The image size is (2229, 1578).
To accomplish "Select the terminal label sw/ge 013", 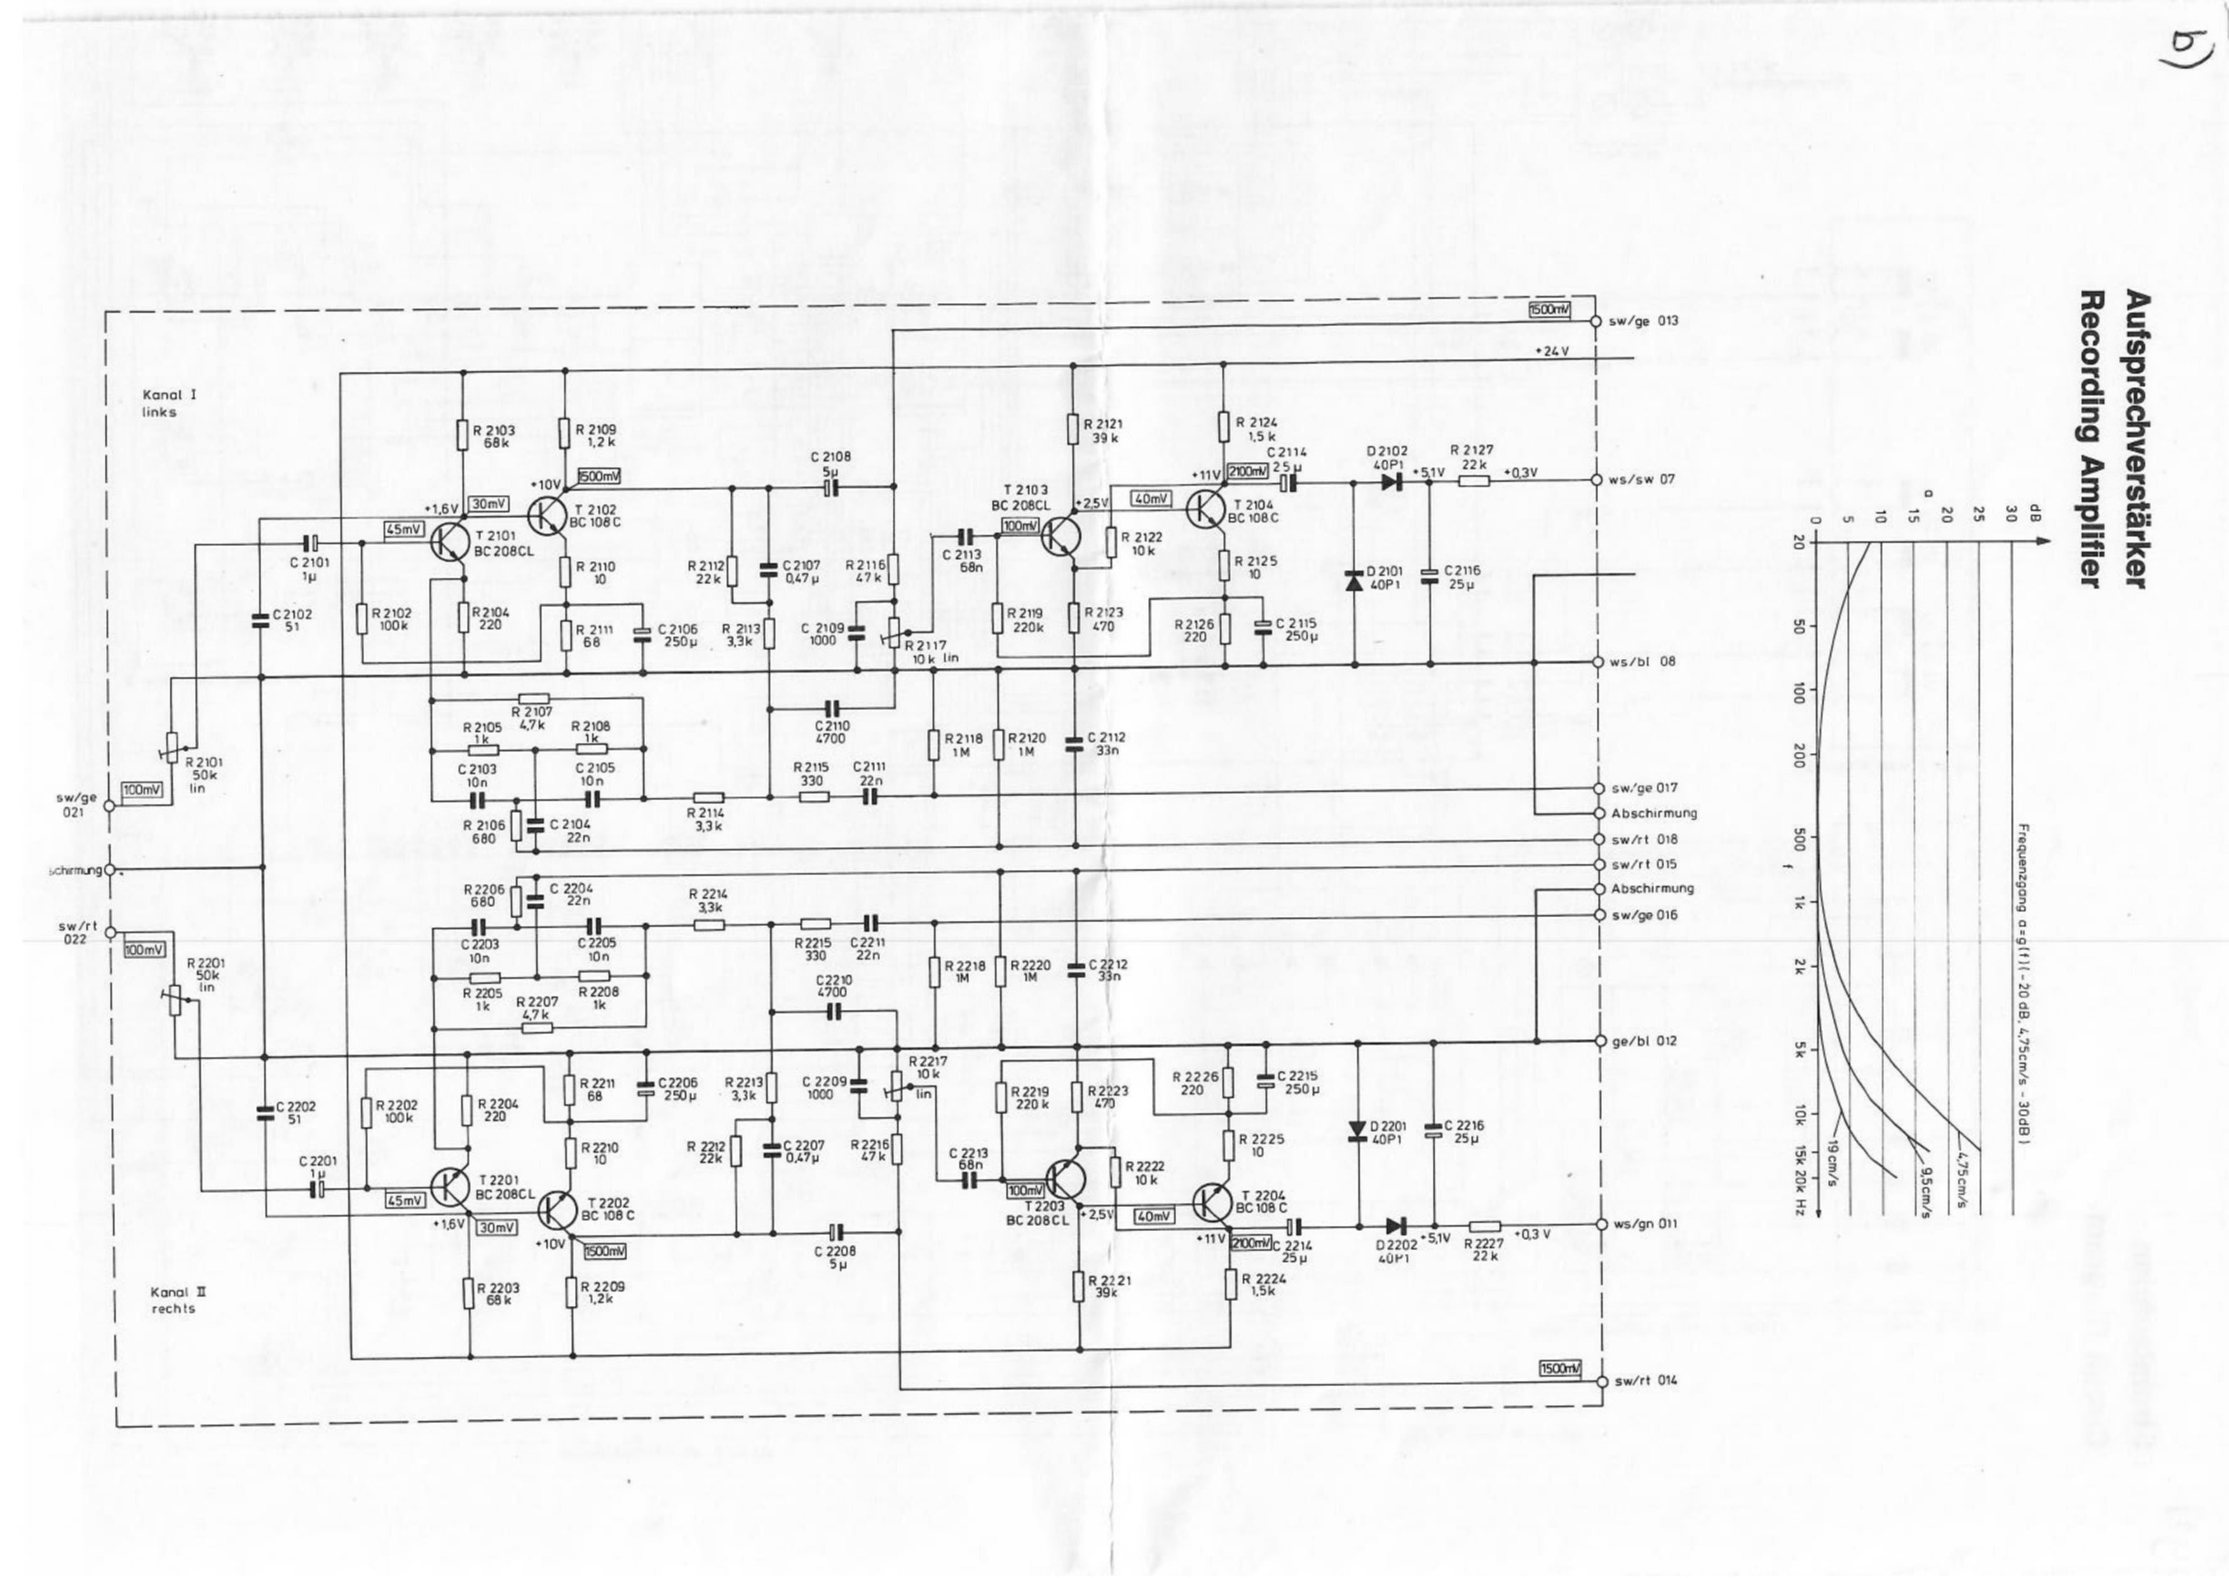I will click(1643, 321).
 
